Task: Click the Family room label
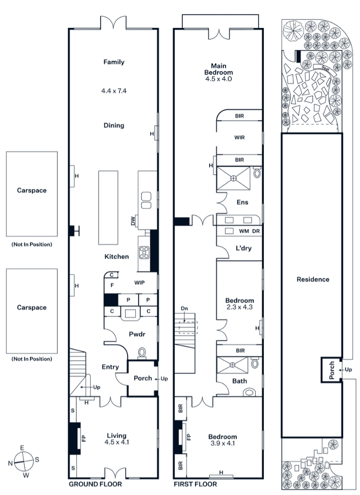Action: (x=114, y=62)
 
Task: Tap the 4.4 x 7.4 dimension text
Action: (x=114, y=91)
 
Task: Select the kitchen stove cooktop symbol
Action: (x=144, y=251)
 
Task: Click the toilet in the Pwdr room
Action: (x=142, y=353)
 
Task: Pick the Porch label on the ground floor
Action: (x=143, y=378)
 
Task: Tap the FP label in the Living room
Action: (x=84, y=438)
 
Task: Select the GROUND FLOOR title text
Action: (x=95, y=484)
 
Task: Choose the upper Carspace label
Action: (x=31, y=190)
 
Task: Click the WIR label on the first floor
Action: (x=240, y=138)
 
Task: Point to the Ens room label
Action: (x=242, y=203)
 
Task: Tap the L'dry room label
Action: (x=244, y=248)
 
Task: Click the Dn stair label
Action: (x=184, y=308)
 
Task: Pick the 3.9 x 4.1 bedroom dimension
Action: (x=222, y=443)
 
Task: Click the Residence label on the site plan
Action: (x=313, y=279)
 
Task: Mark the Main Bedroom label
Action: (x=218, y=69)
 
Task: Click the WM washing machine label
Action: (x=244, y=231)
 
